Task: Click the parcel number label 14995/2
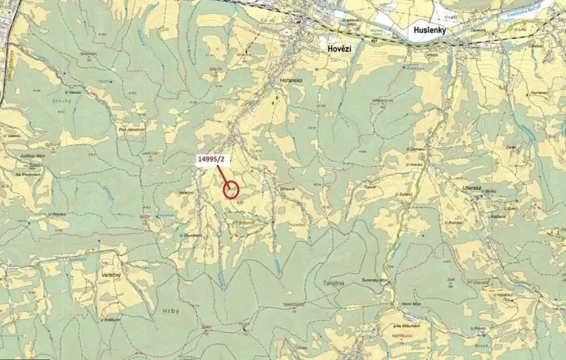(211, 158)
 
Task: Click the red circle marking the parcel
(231, 188)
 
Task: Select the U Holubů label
(418, 163)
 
